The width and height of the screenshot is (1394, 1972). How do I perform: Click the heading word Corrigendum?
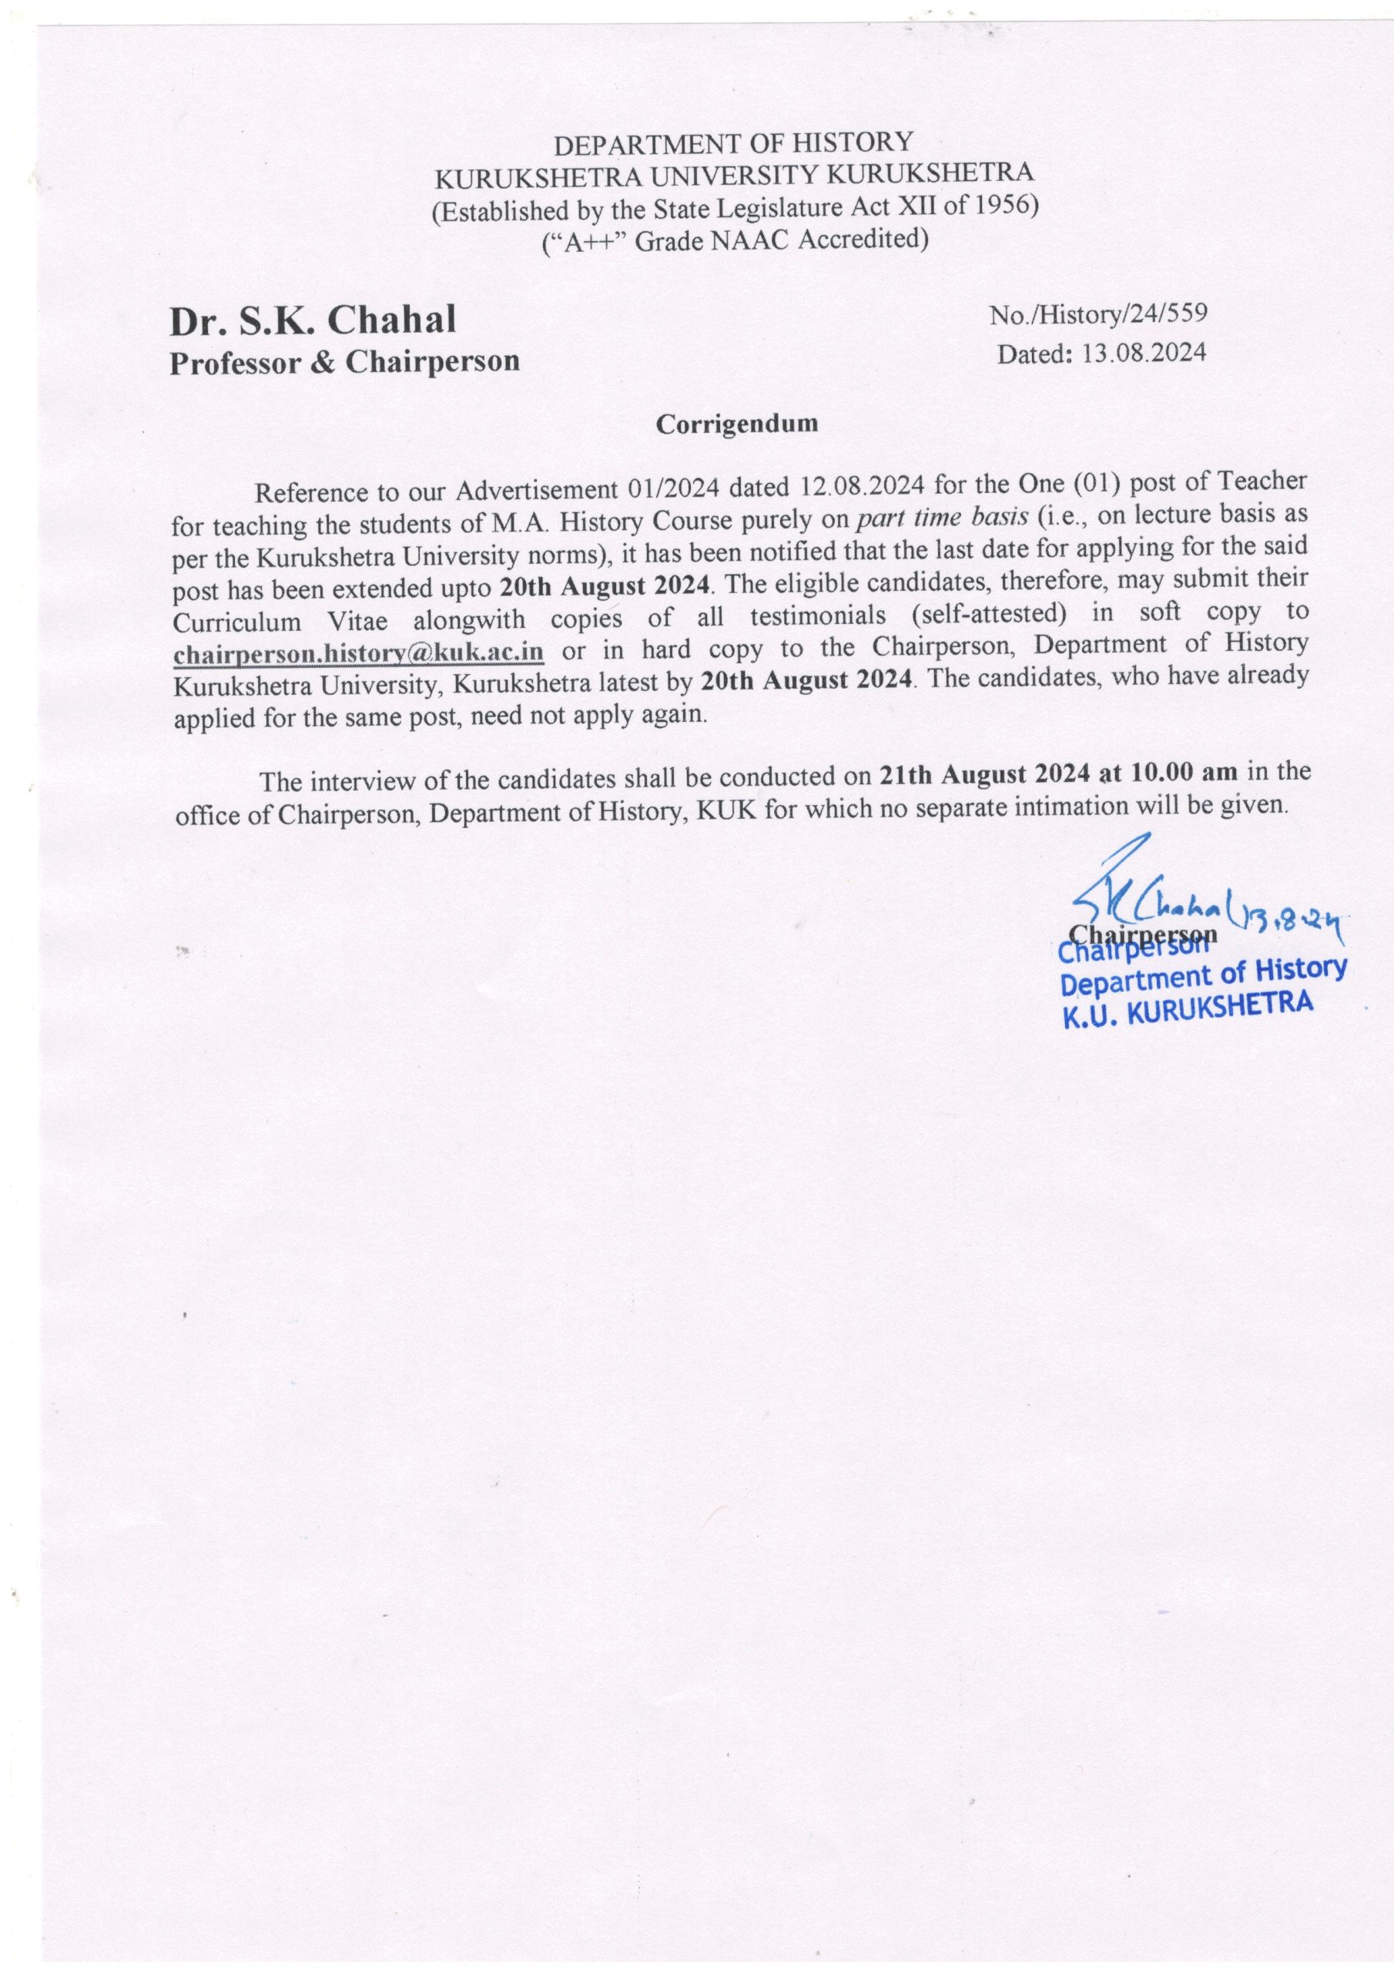(737, 424)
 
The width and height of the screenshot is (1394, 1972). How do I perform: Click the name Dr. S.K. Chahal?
(313, 320)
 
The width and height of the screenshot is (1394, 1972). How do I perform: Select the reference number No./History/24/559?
(1098, 314)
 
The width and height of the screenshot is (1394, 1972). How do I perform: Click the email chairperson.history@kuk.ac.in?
(358, 652)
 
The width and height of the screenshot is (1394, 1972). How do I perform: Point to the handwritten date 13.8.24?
(1288, 920)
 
